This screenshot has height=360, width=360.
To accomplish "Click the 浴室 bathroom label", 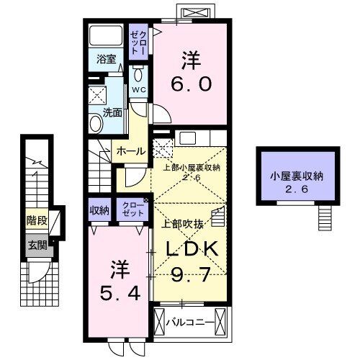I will [x=107, y=59].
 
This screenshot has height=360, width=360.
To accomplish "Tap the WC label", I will [x=139, y=89].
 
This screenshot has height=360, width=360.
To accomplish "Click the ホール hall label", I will [x=130, y=151].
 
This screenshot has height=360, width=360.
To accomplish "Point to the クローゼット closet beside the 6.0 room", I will [x=138, y=42].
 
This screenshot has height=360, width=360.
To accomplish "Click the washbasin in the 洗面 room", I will [x=96, y=124].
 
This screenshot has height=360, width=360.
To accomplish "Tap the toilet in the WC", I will [x=139, y=75].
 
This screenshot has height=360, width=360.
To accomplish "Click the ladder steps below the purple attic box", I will [x=326, y=215].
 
